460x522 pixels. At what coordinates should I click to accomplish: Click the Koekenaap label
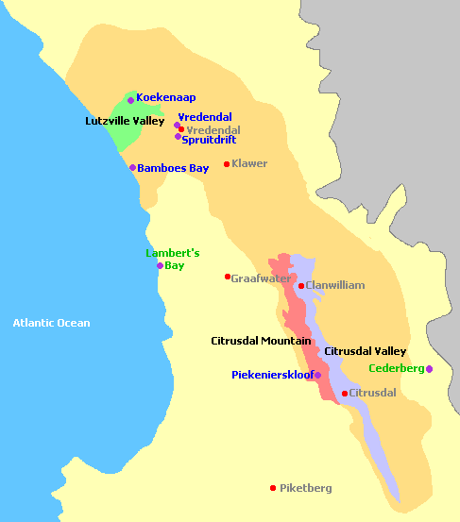point(166,97)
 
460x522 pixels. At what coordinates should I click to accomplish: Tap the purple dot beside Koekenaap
point(131,99)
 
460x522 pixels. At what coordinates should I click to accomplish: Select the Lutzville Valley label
point(125,121)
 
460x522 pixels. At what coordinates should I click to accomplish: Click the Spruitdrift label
point(209,139)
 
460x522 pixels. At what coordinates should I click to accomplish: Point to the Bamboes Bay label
point(173,168)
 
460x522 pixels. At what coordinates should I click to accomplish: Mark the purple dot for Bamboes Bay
point(133,168)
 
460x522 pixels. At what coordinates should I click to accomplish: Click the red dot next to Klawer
point(227,164)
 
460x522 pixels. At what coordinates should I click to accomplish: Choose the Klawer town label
point(249,163)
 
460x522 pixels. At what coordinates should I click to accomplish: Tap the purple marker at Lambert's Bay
point(160,265)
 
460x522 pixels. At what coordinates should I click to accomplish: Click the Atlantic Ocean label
point(51,323)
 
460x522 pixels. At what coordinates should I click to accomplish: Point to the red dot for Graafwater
point(228,277)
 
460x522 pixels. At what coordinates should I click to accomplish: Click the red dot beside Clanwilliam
point(301,285)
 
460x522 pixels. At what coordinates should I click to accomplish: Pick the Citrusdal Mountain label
point(261,340)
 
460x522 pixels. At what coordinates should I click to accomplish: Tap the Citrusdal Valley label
point(365,351)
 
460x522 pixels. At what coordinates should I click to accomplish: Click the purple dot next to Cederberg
point(429,369)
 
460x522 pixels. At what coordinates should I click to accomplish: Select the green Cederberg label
point(396,368)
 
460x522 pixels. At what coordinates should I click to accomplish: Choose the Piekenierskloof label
point(272,375)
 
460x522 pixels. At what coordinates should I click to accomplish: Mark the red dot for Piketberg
point(273,488)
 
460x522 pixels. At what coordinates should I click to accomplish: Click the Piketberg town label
point(306,488)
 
